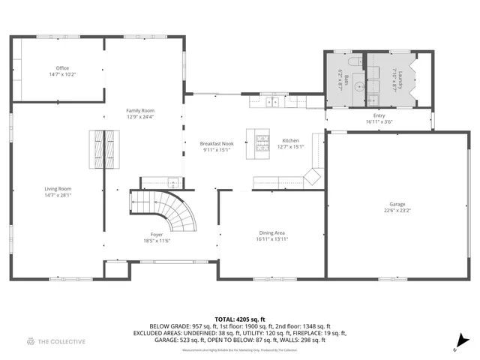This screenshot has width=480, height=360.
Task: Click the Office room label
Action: [x=62, y=71]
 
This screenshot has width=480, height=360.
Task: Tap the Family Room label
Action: [x=139, y=113]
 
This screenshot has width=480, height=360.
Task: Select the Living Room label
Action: [x=58, y=191]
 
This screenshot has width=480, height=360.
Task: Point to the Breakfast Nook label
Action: [x=215, y=145]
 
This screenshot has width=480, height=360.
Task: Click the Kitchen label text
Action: [x=290, y=143]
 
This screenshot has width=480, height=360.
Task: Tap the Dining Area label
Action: [x=271, y=235]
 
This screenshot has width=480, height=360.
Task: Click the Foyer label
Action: [x=157, y=237]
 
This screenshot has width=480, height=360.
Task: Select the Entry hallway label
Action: [x=379, y=118]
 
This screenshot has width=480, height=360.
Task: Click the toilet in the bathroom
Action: [x=355, y=63]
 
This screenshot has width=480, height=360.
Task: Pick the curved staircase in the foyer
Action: [x=175, y=210]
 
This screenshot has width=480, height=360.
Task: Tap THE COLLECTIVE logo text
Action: [x=61, y=341]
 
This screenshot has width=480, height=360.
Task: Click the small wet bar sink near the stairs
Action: [x=172, y=181]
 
